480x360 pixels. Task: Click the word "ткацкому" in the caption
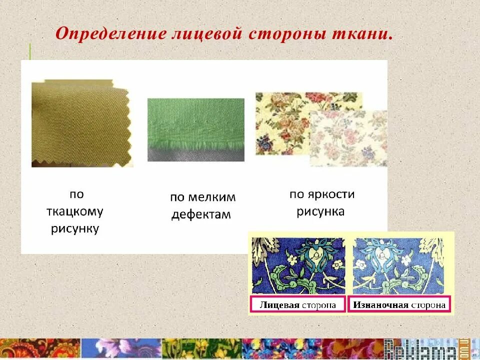pos(75,211)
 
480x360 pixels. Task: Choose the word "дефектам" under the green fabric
pos(201,215)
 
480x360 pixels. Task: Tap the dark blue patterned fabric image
pos(298,265)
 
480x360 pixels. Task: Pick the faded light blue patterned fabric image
pos(399,265)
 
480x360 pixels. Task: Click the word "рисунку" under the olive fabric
pos(75,229)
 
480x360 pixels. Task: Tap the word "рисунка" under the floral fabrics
pos(320,212)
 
